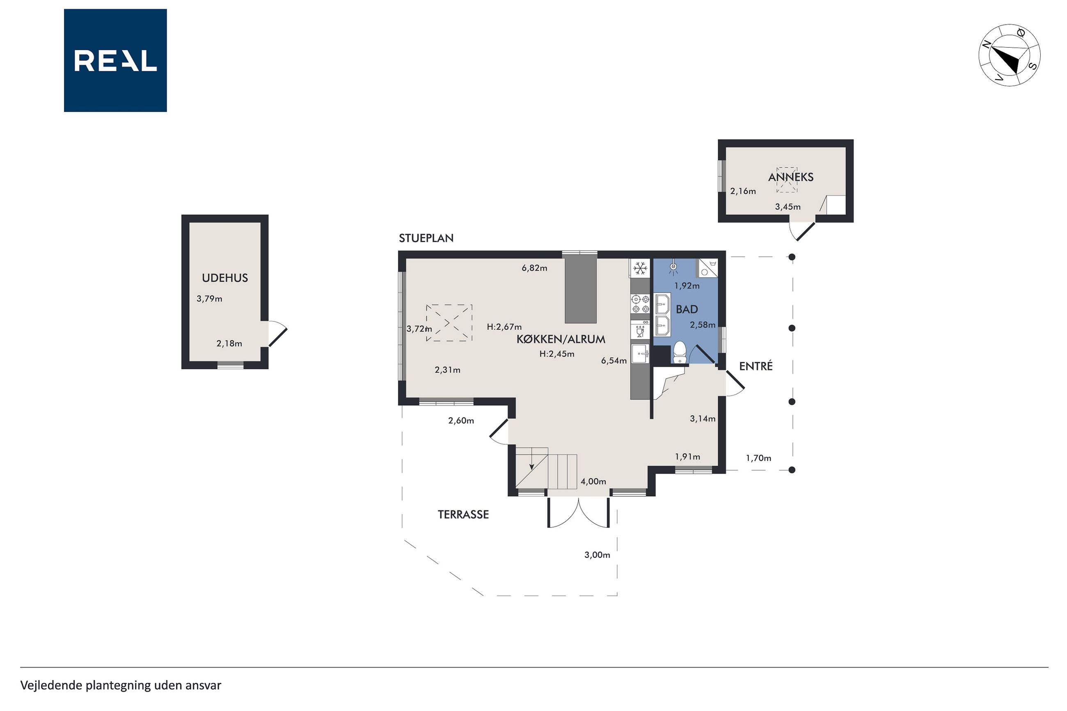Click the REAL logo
tap(115, 60)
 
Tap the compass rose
tap(1009, 55)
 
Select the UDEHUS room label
tap(225, 278)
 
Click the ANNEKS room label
tap(790, 177)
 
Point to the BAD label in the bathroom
tap(687, 310)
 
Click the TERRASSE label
tap(463, 514)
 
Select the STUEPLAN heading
tap(426, 238)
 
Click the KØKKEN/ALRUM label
tap(561, 339)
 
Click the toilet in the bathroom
tap(679, 352)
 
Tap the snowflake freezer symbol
tap(640, 268)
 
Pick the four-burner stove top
tap(640, 304)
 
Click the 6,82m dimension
tap(534, 268)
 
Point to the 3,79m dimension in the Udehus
tap(209, 299)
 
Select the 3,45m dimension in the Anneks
tap(788, 207)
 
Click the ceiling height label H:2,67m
tap(504, 327)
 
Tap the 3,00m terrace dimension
tap(597, 555)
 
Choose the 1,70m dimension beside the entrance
tap(759, 458)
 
